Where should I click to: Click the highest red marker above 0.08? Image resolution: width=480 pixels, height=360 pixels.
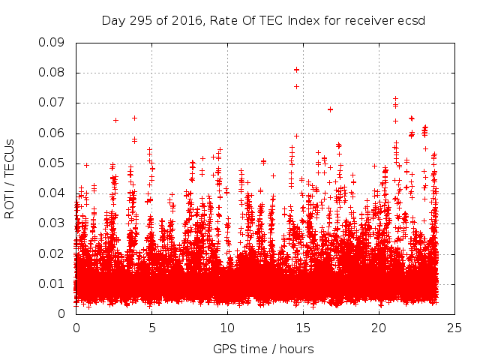(296, 70)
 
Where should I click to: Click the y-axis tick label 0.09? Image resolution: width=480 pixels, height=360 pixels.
(53, 43)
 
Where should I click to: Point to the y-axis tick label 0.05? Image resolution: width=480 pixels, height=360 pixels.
(53, 163)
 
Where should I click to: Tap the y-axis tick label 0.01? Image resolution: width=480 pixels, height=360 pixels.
(53, 283)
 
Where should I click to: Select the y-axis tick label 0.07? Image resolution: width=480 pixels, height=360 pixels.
(53, 103)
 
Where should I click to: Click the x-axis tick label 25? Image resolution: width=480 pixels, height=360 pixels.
(454, 328)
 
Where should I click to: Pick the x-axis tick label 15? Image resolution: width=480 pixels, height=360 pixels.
(303, 328)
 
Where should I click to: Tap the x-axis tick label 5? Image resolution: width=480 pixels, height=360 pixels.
(151, 328)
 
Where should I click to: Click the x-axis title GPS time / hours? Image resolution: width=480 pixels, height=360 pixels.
(263, 349)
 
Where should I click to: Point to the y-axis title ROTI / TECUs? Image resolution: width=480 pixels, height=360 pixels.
(10, 178)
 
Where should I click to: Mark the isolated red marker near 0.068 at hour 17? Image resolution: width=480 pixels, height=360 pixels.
(330, 109)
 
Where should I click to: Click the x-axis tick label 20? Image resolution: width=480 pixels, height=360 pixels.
(379, 328)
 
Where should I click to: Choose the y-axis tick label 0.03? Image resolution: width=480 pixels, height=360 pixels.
(53, 223)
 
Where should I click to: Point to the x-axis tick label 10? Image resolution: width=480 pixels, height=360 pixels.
(227, 328)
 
